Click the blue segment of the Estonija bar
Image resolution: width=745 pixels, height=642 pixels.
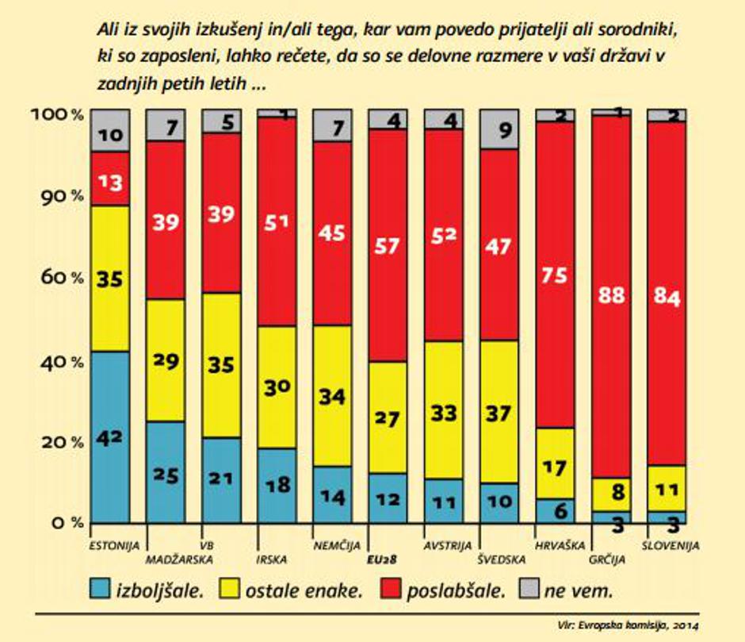pos(110,436)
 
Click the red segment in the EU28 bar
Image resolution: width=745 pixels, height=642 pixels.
pos(388,245)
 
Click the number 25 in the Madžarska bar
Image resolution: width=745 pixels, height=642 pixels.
pos(166,476)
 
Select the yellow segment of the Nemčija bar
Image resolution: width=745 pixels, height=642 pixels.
pos(333,395)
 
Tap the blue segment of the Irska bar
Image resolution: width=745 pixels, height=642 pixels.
pos(277,485)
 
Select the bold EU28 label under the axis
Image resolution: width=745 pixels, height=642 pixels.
pos(382,559)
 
